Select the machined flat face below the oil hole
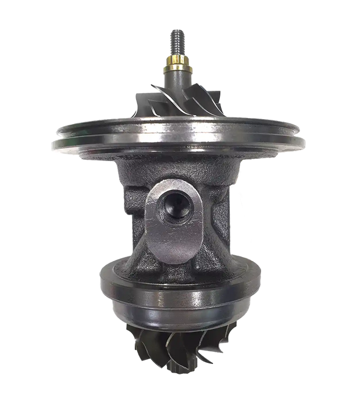[x=174, y=238]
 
